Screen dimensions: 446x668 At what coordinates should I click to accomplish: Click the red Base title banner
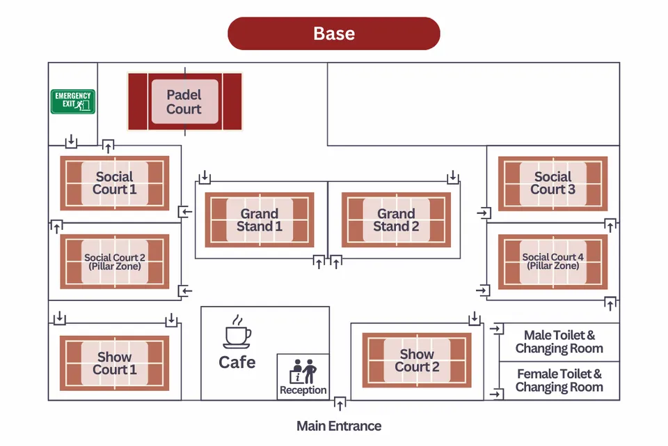(334, 33)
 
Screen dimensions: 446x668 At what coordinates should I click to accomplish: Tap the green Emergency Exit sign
(72, 102)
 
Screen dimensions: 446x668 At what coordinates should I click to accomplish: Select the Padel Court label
(184, 102)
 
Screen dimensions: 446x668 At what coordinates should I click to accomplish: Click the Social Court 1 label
(115, 183)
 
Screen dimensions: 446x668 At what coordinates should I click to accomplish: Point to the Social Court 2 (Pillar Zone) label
(115, 262)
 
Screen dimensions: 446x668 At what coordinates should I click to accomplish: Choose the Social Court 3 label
(553, 183)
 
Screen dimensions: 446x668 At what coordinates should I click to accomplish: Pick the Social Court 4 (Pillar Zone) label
(553, 262)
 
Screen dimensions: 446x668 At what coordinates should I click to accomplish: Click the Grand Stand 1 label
(260, 220)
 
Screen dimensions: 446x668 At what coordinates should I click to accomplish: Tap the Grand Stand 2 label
(396, 220)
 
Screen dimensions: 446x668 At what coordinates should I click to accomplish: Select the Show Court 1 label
(115, 362)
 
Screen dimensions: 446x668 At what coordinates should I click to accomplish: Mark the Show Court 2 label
(417, 361)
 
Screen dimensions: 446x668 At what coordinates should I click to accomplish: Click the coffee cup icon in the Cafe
(237, 332)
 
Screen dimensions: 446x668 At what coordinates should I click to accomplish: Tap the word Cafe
(237, 362)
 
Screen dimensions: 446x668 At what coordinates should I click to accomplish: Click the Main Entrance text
(339, 426)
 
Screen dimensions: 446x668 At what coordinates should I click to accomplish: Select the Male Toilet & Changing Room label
(559, 342)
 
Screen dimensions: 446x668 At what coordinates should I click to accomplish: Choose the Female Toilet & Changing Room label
(559, 380)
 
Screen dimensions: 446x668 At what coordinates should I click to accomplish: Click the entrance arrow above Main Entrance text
(340, 403)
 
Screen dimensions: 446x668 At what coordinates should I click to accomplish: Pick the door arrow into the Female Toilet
(497, 394)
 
